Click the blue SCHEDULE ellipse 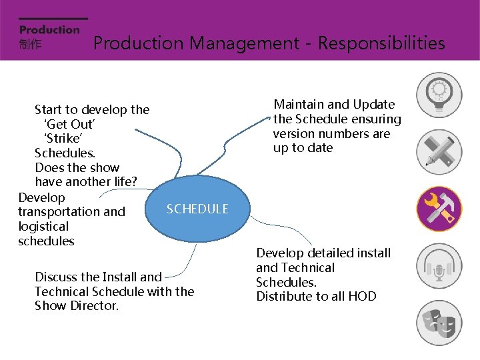pos(197,209)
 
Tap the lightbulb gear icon pos(439,95)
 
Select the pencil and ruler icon pos(439,151)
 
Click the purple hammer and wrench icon pos(439,209)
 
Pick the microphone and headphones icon pos(439,266)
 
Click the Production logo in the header pos(49,29)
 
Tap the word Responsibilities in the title pos(381,43)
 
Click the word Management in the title pos(244,43)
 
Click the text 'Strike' pos(63,139)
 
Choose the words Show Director pos(77,306)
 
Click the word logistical pos(43,227)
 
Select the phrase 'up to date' pos(303,148)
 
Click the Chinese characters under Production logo pos(30,45)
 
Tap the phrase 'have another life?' pos(86,182)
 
